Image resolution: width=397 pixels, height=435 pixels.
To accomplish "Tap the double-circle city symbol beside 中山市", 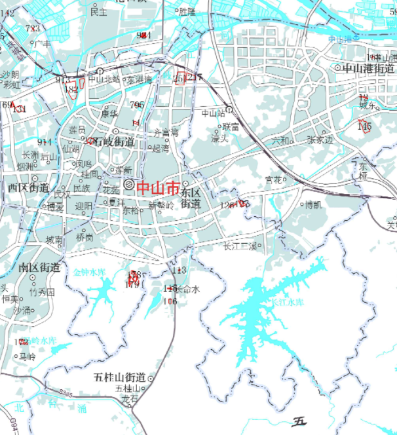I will (x=129, y=186).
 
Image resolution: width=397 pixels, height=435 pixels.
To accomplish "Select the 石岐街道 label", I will (x=113, y=142).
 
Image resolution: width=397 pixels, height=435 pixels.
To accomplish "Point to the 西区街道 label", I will (x=28, y=188).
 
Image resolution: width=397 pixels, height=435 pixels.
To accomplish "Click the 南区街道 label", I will (x=39, y=268).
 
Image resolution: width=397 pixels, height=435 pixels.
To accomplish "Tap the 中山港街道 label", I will (x=368, y=68).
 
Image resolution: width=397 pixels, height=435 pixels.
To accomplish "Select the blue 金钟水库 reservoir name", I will (x=88, y=271).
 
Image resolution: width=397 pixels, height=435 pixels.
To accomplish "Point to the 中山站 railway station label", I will (x=212, y=113).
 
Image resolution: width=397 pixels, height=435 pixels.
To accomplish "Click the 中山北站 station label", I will (x=104, y=79).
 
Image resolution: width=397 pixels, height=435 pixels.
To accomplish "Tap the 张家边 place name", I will (x=320, y=140).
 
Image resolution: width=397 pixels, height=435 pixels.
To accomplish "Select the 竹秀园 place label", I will (x=42, y=292).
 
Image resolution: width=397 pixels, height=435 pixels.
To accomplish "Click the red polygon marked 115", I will (x=364, y=125).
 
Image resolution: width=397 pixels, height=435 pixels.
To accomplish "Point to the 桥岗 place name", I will (x=85, y=237).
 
